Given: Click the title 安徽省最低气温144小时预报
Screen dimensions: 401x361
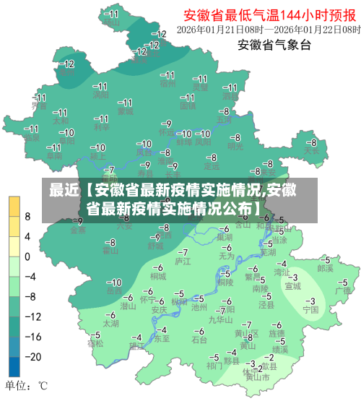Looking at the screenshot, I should coord(271,14).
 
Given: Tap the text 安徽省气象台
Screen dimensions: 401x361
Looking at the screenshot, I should coord(274,46).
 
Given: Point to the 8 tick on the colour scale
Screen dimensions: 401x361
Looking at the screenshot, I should coord(27,216).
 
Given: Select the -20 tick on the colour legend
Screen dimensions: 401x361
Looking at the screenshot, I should coord(30,356).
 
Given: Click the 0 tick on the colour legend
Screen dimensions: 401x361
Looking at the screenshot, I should coord(27,256).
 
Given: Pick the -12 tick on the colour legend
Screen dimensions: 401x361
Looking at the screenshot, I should coord(30,316).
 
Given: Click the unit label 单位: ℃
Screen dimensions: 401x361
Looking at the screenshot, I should coord(27,386).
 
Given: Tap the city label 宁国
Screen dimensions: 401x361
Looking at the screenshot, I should coord(310,310).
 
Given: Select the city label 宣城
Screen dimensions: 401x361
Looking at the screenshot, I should coord(292,285).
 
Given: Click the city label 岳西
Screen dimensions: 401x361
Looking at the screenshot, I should coord(114,291).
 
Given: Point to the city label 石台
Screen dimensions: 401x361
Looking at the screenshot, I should coord(199,339).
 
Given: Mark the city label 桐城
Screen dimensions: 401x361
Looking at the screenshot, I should coord(158,276).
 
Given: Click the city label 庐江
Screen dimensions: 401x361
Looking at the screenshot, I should coord(183,260).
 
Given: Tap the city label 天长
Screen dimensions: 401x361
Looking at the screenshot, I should coord(311,152).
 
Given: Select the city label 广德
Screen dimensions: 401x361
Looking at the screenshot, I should coord(342,290).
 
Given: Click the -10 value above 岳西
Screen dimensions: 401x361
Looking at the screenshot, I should coord(114,282).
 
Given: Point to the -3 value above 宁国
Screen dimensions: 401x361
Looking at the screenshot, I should coord(310,301).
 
